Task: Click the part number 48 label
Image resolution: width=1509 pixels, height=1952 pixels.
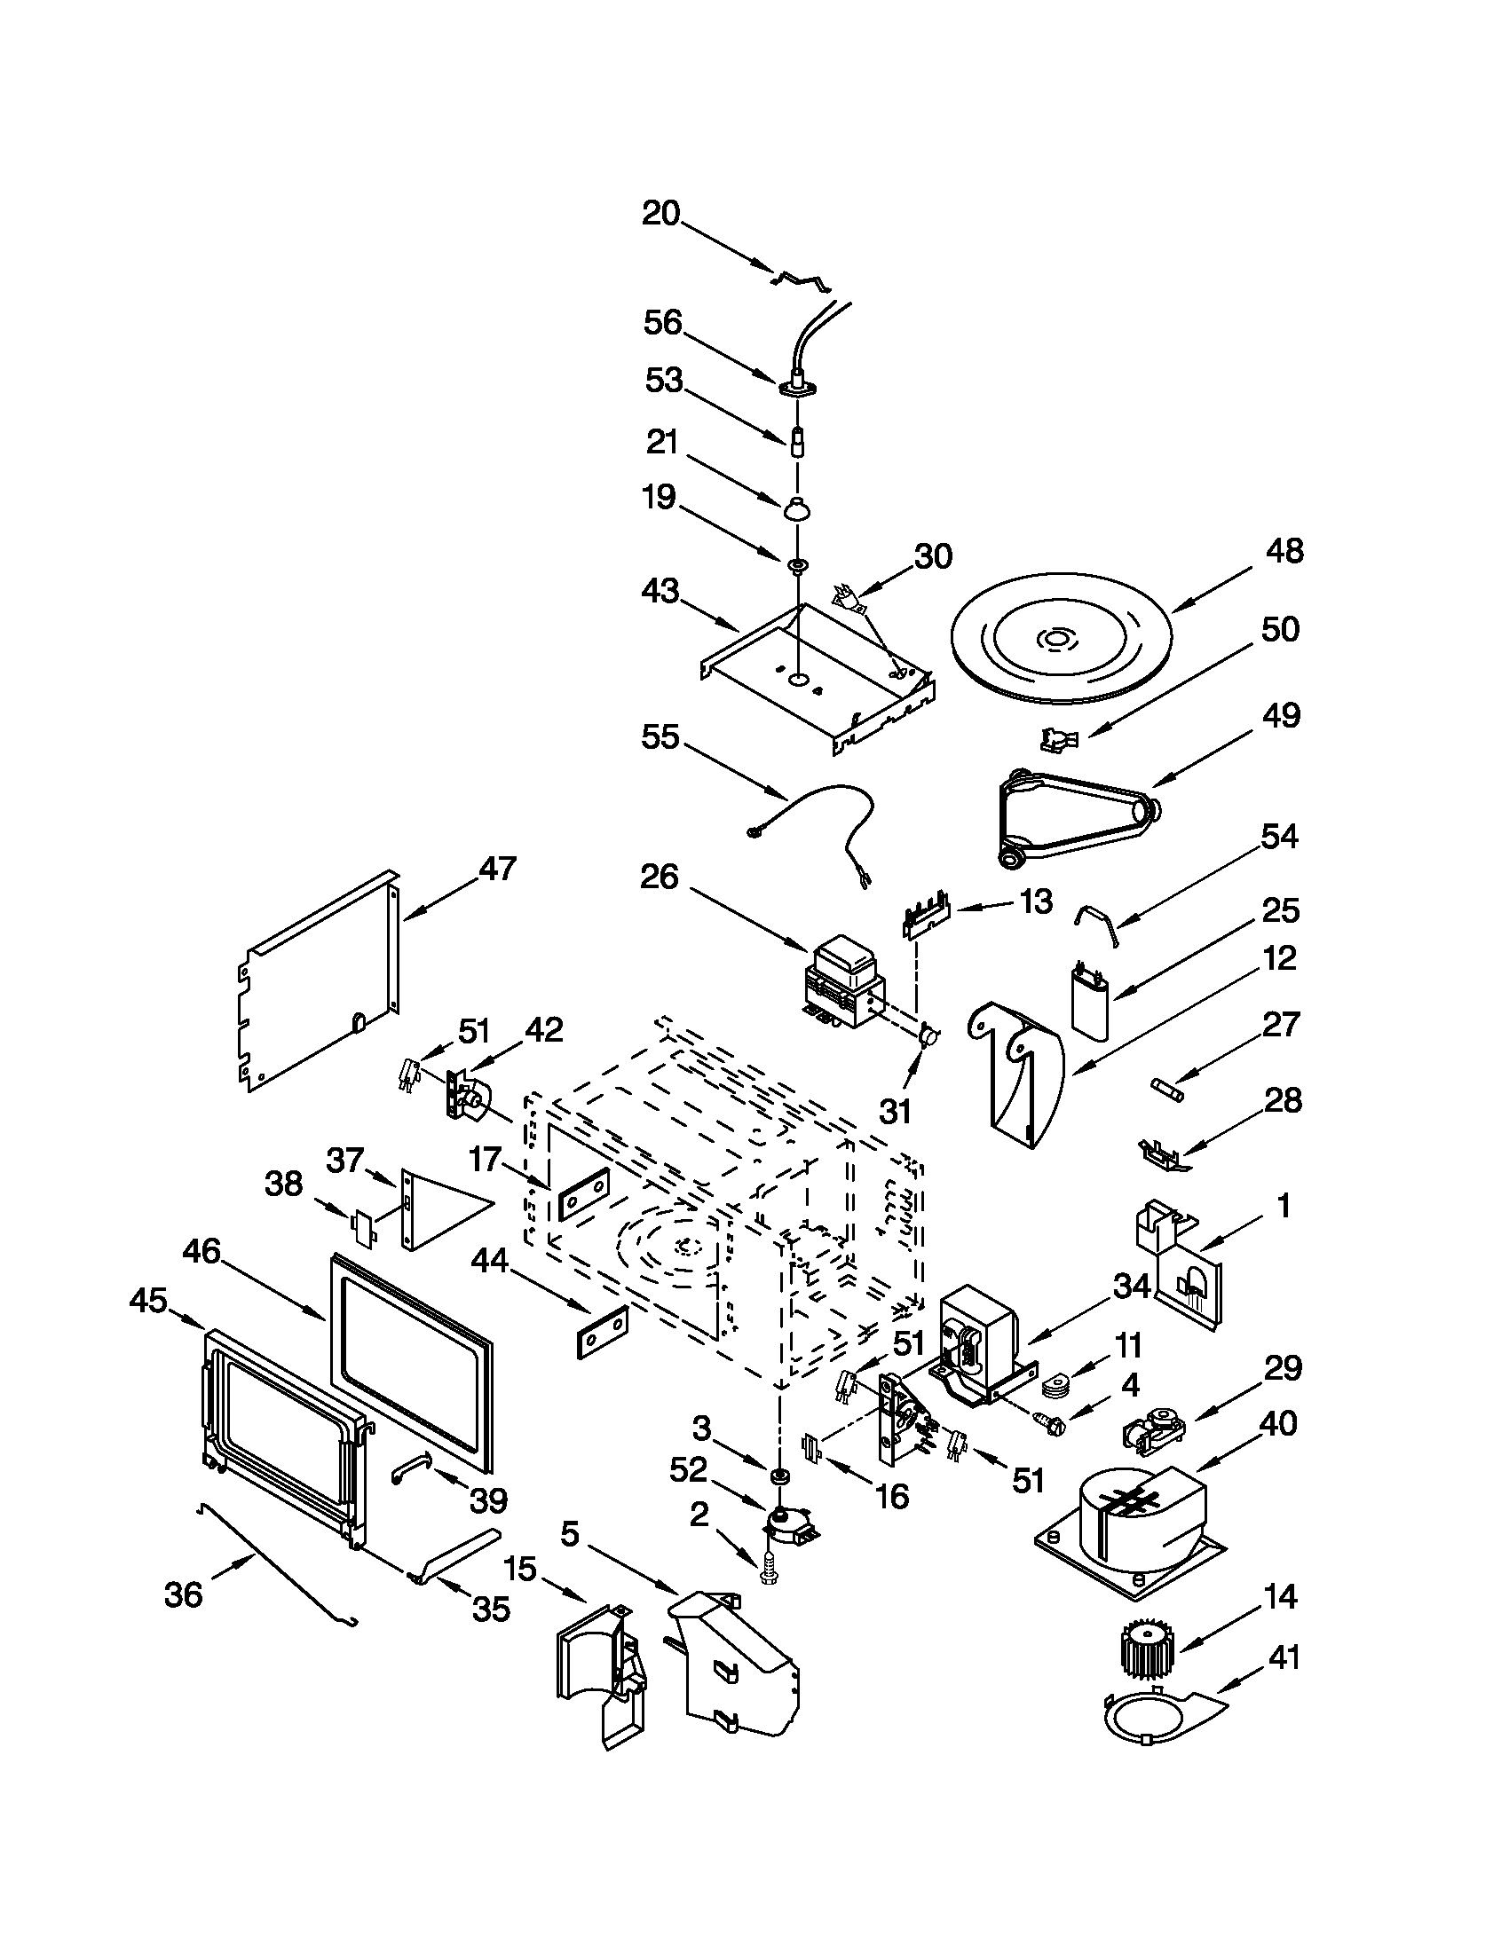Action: [x=1284, y=552]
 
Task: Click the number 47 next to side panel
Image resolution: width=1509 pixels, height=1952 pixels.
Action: [x=496, y=868]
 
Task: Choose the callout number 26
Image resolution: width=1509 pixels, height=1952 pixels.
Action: [x=660, y=877]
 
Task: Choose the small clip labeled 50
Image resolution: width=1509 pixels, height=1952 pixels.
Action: [x=1059, y=739]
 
